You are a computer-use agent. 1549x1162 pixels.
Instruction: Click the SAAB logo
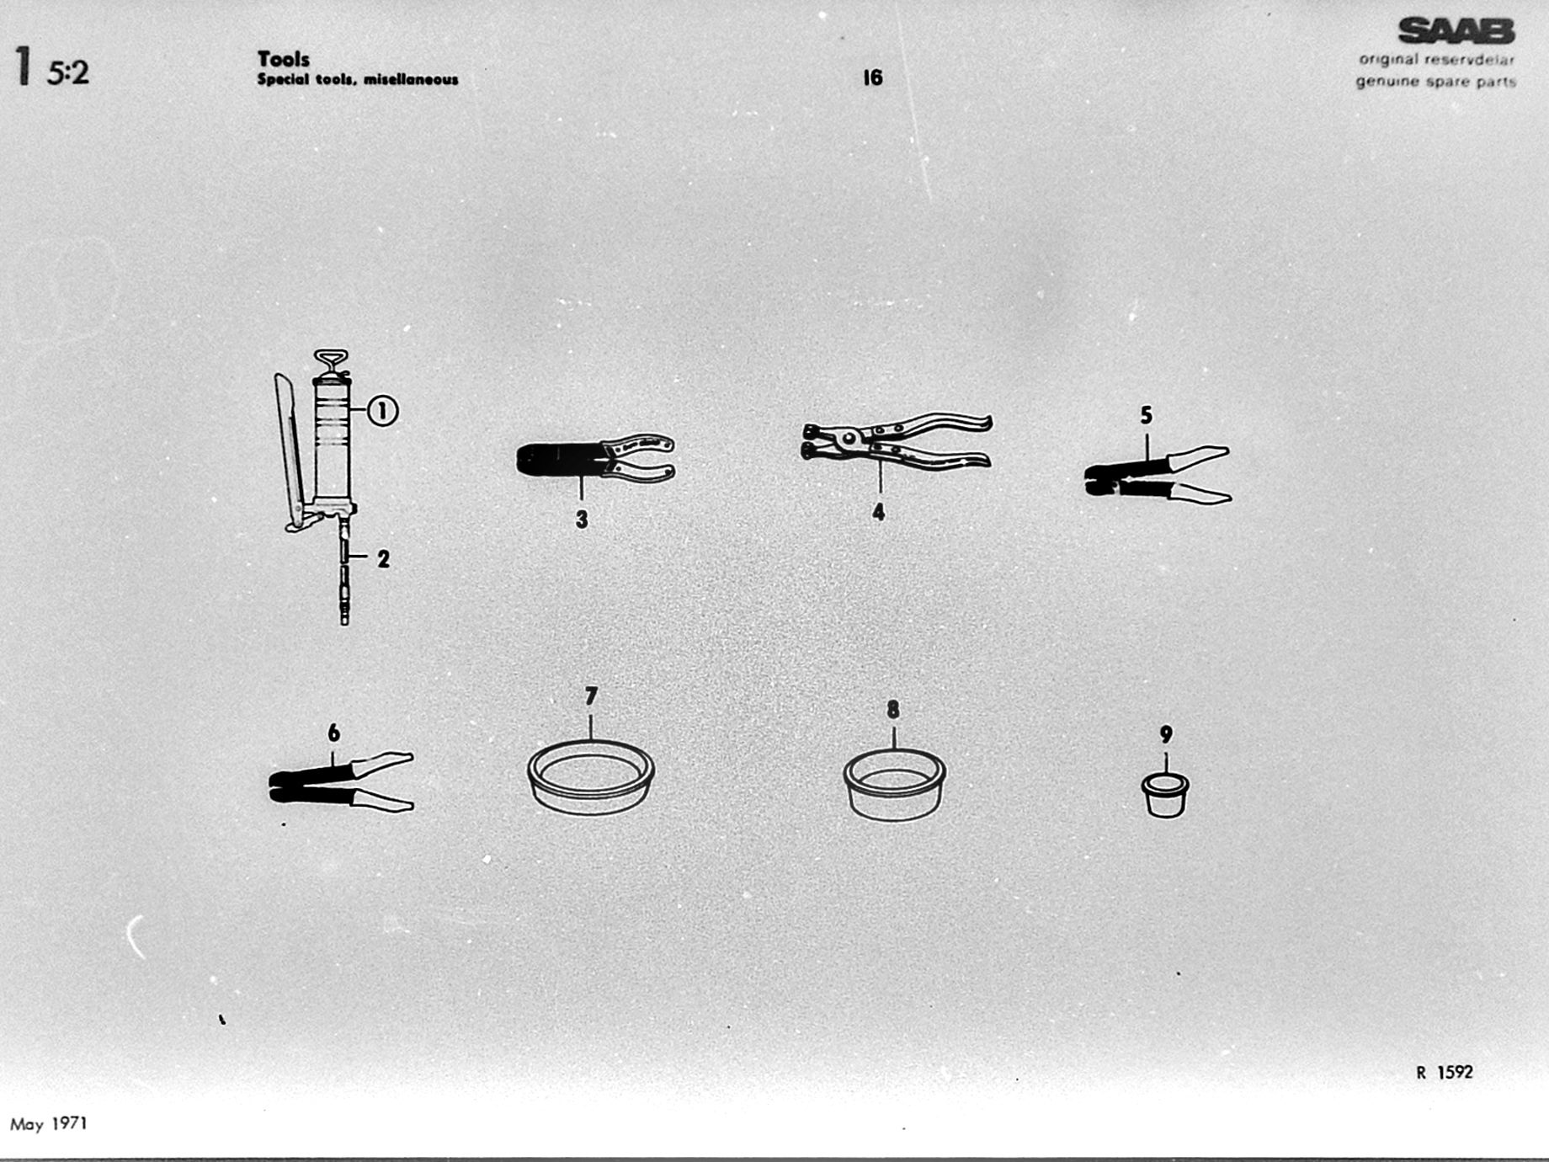(1456, 31)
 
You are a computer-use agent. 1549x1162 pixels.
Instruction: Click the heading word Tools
(284, 59)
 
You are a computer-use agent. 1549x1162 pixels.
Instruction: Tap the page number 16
(873, 77)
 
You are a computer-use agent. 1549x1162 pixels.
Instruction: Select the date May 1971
(49, 1124)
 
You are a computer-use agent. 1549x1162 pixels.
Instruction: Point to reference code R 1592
(1445, 1072)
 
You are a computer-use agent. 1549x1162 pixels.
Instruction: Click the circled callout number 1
(383, 411)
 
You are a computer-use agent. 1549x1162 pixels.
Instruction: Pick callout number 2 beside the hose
(384, 558)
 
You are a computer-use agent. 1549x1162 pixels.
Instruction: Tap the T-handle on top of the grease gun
(330, 362)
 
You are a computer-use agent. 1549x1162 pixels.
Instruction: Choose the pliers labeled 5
(1158, 476)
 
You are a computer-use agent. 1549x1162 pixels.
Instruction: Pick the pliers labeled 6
(341, 781)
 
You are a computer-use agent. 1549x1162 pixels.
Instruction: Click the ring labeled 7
(591, 776)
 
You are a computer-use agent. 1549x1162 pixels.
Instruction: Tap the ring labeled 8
(895, 784)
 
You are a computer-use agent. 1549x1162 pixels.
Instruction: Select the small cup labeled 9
(1165, 796)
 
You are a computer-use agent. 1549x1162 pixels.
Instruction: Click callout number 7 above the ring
(591, 696)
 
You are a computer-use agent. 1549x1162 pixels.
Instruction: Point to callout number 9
(1166, 734)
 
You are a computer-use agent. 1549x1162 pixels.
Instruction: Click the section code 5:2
(68, 73)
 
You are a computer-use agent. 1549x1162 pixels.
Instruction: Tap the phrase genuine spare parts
(1436, 82)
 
